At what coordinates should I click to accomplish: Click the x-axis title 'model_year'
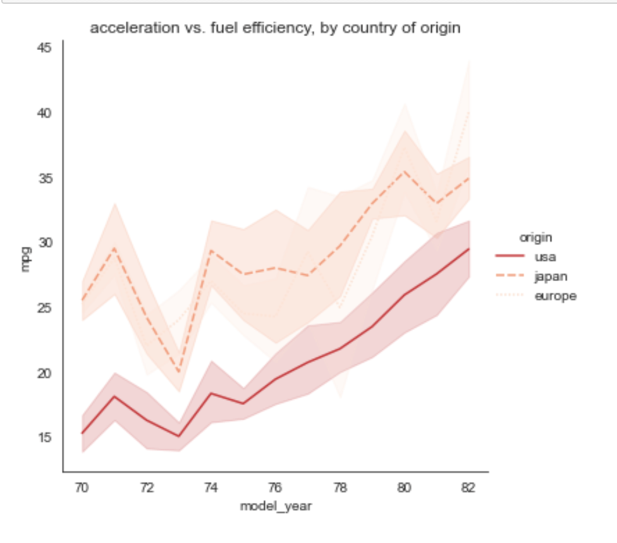[275, 507]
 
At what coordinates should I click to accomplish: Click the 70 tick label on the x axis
[82, 487]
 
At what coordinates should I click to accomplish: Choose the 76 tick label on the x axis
[275, 487]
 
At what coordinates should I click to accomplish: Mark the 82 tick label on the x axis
[468, 487]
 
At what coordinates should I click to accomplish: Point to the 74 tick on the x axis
[211, 487]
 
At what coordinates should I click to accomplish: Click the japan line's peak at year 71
[114, 247]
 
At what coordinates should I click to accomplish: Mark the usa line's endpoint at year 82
[468, 249]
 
